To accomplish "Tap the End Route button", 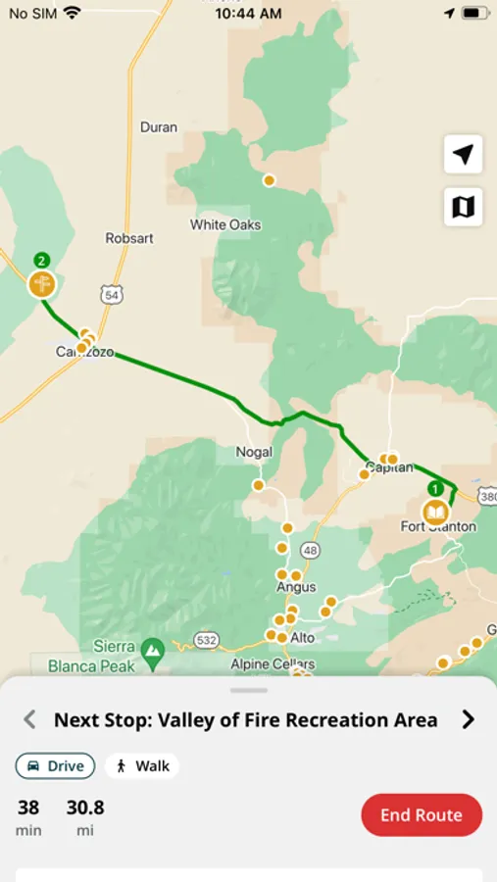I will click(x=422, y=815).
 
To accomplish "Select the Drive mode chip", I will click(x=55, y=766).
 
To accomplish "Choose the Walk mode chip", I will click(x=142, y=766).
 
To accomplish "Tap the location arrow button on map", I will click(x=463, y=154).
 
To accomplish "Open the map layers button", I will click(x=463, y=207).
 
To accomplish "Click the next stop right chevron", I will click(x=468, y=720).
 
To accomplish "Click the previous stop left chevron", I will click(x=29, y=720).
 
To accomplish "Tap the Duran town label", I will click(x=159, y=127).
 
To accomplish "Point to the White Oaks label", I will click(x=225, y=224).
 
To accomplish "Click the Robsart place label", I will click(x=129, y=238).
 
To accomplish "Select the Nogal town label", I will click(x=254, y=452).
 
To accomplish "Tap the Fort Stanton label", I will click(x=438, y=527).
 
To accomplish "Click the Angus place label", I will click(x=296, y=587).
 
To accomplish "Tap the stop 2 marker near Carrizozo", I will click(x=41, y=283).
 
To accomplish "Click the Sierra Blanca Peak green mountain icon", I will click(x=152, y=649).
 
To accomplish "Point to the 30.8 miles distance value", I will click(x=85, y=808).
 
